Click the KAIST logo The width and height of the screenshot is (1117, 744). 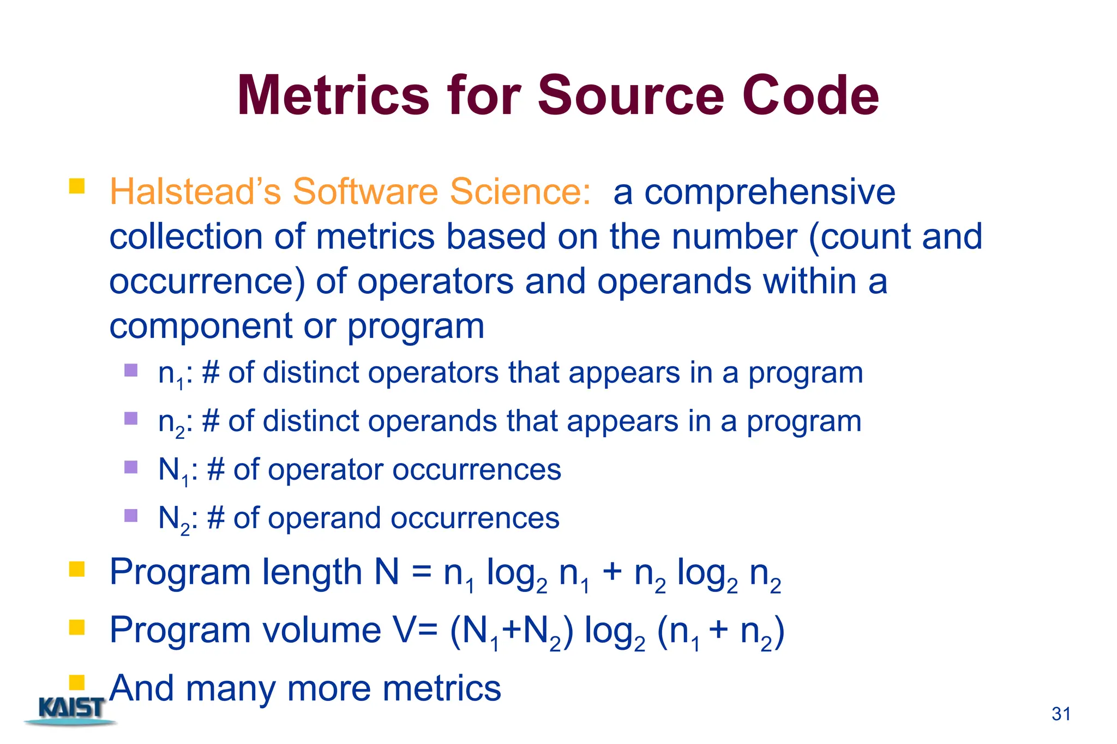pos(71,710)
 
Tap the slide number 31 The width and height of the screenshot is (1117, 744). pos(1061,714)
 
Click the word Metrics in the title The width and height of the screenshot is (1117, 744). pos(333,96)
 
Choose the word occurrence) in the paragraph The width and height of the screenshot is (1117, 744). pos(207,281)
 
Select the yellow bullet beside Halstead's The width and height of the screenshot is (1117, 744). pos(77,186)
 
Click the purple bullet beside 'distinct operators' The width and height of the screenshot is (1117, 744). pos(131,371)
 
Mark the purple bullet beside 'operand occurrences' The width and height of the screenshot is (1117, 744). pos(131,515)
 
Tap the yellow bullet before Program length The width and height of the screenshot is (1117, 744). pos(77,570)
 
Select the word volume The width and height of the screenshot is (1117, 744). pos(322,630)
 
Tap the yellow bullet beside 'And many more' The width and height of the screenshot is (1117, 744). pos(77,682)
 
